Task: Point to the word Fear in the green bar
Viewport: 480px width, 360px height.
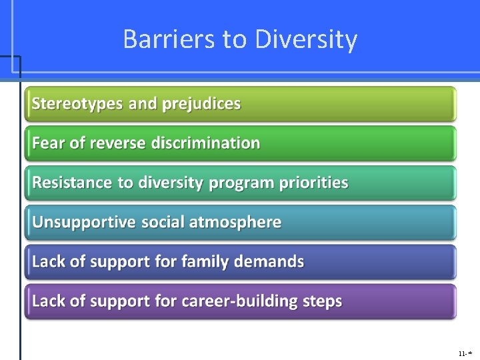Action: pyautogui.click(x=47, y=143)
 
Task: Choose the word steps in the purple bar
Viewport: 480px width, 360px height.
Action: pyautogui.click(x=322, y=301)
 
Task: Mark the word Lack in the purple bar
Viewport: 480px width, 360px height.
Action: pyautogui.click(x=48, y=301)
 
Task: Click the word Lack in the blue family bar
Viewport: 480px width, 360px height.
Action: pyautogui.click(x=48, y=261)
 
